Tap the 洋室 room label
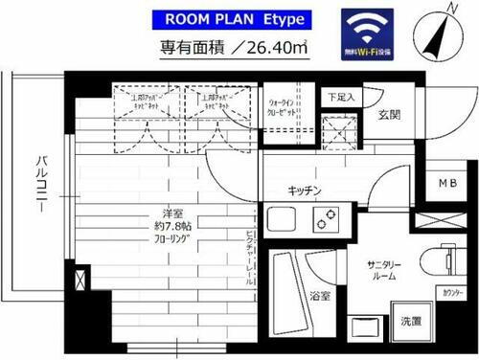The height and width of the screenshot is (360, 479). [x=146, y=214]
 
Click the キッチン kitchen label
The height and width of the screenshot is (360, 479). [x=302, y=191]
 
